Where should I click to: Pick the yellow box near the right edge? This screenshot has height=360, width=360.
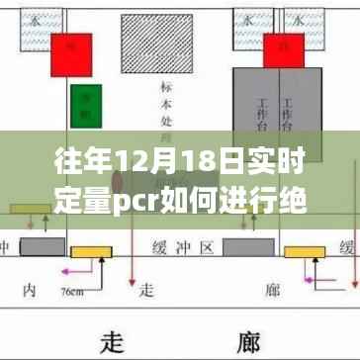pos(300,251)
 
